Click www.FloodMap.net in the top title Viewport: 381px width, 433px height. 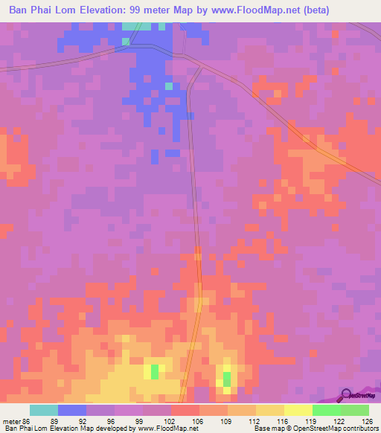coord(266,10)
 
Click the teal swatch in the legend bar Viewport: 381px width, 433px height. coord(44,410)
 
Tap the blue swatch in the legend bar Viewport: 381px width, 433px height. coord(72,410)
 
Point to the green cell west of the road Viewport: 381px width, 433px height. coord(155,371)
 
